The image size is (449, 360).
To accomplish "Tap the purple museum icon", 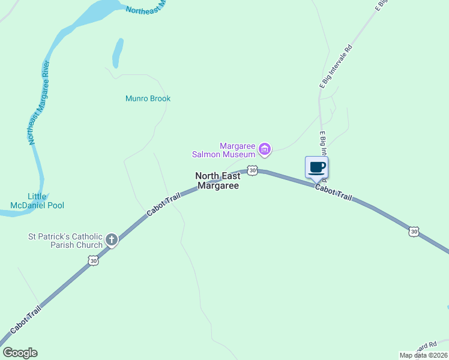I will coord(265,148).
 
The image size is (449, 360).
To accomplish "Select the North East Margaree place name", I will coord(217,181).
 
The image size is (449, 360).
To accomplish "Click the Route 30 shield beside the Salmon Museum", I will coord(253,171).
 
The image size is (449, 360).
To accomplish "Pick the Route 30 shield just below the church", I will coord(92,260).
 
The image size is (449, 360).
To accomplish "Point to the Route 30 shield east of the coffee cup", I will coord(414,231).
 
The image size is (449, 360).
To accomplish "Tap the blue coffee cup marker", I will coord(317,167).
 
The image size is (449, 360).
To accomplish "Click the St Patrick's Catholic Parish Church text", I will coord(65,241).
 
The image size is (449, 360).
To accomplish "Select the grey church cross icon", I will coord(111,240).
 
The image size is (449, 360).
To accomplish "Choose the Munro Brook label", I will coord(148,98).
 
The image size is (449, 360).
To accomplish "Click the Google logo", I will coord(20,353).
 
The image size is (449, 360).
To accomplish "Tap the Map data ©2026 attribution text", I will coord(423,355).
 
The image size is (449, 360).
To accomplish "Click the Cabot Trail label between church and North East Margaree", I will coord(164,205).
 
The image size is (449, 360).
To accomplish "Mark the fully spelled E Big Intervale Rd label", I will coord(336,67).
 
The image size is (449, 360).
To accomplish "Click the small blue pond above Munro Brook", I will coord(118,53).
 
